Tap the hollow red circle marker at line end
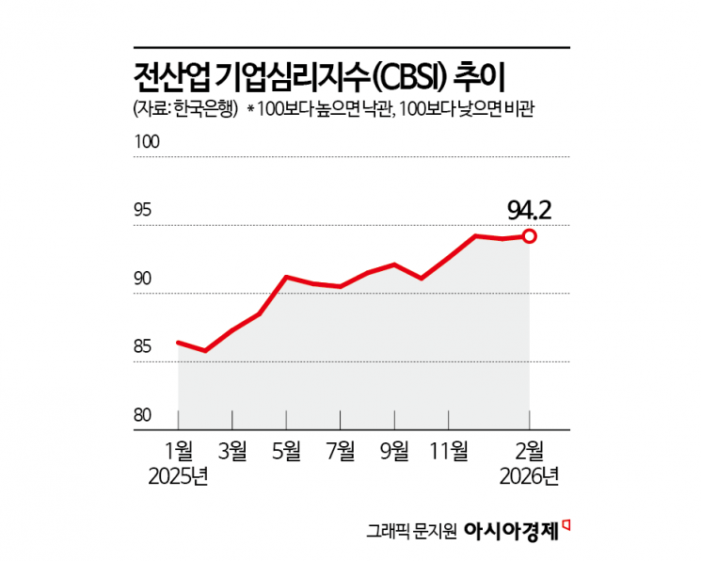[x=530, y=236]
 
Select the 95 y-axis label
[x=143, y=211]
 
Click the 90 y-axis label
[x=143, y=280]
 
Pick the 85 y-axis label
[x=143, y=347]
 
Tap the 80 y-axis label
[x=143, y=415]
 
